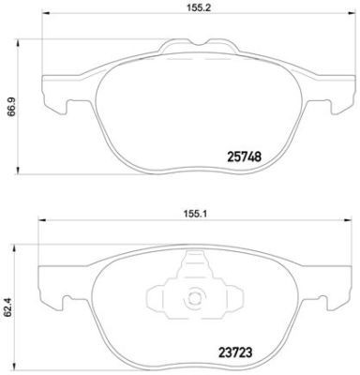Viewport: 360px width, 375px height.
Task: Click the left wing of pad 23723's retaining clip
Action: click(171, 296)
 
